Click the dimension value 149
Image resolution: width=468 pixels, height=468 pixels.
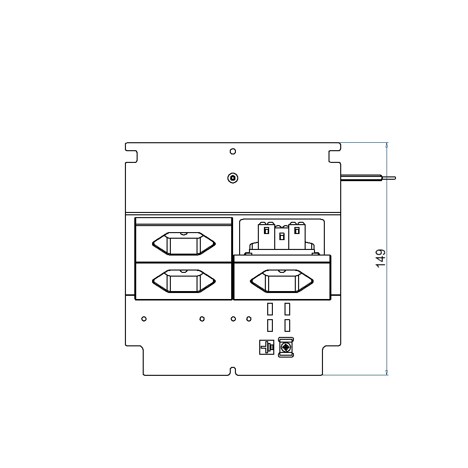pyautogui.click(x=380, y=258)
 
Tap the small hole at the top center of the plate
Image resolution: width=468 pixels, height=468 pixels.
pyautogui.click(x=233, y=151)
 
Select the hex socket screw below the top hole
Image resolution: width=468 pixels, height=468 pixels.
pyautogui.click(x=233, y=178)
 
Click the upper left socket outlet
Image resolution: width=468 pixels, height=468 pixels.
pyautogui.click(x=184, y=243)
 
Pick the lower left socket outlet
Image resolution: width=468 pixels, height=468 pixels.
pyautogui.click(x=184, y=281)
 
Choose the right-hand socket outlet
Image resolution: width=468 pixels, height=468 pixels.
pyautogui.click(x=282, y=281)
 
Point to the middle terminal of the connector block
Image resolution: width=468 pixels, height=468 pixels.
pyautogui.click(x=282, y=237)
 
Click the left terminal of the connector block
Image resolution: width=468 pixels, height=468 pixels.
pyautogui.click(x=266, y=235)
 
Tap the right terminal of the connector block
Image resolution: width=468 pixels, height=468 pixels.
pyautogui.click(x=297, y=235)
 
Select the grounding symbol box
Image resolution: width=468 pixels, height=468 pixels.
pyautogui.click(x=267, y=347)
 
